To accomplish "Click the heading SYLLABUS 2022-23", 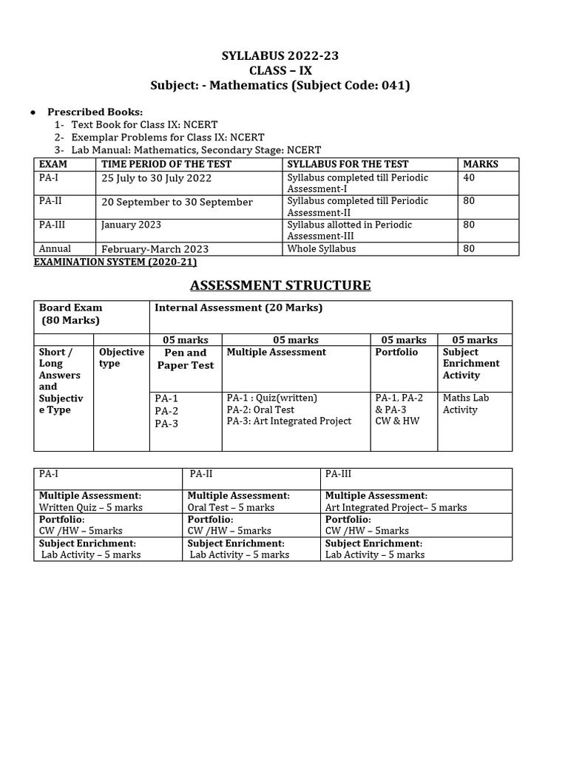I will coord(280,55).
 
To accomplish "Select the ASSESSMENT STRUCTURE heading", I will coord(280,285).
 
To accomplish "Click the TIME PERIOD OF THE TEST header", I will coord(166,164).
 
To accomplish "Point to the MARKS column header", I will coord(481,164).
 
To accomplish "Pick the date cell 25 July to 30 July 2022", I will coord(156,178).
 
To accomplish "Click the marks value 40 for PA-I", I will coord(470,177).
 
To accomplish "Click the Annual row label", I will coord(55,249).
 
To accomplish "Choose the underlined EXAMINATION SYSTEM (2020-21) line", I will coord(115,262).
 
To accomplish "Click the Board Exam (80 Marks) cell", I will coord(71,314).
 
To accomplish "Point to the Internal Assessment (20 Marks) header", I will coord(239,308).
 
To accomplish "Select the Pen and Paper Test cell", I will coord(186,359).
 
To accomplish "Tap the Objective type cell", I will coord(121,358).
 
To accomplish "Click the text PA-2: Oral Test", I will coord(260,410).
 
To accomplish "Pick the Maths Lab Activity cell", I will coord(466,404).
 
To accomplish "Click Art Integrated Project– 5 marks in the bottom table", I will coord(396,508).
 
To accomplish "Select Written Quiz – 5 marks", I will coord(91,508).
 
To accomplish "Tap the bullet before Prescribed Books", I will coord(33,112).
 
